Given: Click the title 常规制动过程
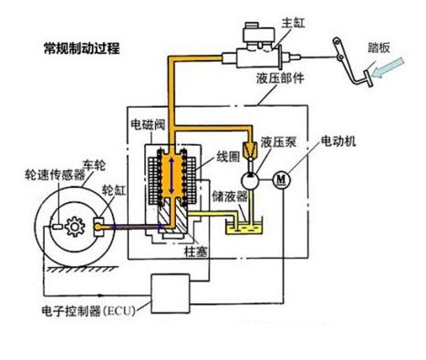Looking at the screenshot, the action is pos(82,48).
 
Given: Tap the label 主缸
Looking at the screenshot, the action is pos(293,23).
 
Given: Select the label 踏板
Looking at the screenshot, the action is pos(379,47).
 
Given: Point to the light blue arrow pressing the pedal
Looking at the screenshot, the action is pos(389,67).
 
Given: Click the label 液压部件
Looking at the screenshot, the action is pos(280,78).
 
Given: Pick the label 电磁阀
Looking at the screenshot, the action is pos(148,124).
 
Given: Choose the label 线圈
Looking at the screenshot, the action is pos(228,157).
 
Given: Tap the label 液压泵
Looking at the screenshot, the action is pos(278,141).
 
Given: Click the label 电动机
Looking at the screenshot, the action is pos(338,141).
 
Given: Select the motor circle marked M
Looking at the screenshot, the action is pos(282,180).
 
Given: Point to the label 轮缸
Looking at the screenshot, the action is pos(113,190).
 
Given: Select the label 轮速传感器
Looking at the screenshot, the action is pos(55,175).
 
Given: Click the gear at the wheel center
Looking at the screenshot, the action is pos(75,227).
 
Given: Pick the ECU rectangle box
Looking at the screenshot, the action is pos(171,293).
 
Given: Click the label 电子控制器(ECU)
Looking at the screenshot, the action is pos(88,311).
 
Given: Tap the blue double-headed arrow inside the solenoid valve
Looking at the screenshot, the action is pos(171,176).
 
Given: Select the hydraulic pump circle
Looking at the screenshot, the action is pos(250,180).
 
